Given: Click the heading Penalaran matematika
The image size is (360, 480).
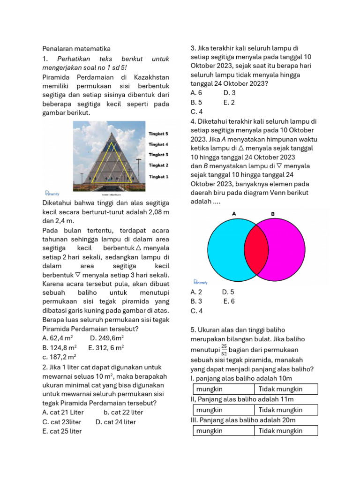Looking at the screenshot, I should (x=76, y=49).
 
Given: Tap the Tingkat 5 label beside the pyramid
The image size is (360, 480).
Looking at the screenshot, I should (x=158, y=134).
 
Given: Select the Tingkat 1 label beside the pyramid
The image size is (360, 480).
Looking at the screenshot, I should (x=158, y=177).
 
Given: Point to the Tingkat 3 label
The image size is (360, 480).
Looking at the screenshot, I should (x=158, y=154).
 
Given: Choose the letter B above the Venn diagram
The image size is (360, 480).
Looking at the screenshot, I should (x=273, y=214).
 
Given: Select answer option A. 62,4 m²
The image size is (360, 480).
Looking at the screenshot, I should (x=57, y=338).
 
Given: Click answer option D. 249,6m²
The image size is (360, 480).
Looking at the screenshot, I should (x=107, y=338).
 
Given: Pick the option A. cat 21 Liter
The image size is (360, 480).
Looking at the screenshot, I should (x=63, y=412).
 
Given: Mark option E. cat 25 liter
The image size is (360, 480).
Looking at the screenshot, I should (x=62, y=431).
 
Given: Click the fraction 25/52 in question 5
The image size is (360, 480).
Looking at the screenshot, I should (x=224, y=351).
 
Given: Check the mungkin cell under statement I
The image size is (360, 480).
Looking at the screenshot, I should (x=224, y=389).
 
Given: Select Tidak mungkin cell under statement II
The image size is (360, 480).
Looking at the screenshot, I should (x=285, y=410).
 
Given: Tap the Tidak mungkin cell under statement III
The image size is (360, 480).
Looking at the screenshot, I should (x=285, y=431).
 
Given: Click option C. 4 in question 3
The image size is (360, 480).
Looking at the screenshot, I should (x=196, y=112).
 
